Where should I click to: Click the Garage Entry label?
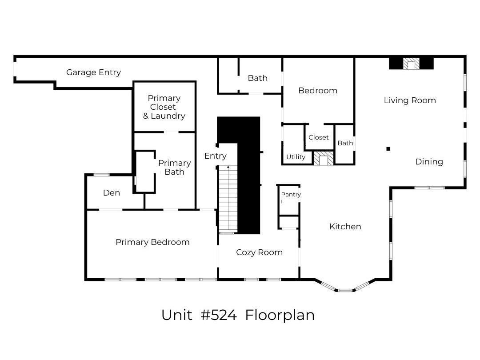coord(93,72)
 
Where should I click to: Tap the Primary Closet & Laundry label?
coord(164,107)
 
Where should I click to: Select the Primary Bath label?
coord(174,168)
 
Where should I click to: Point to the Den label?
coord(112,193)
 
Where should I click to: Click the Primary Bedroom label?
coord(152,242)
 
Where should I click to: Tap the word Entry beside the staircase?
coord(215,156)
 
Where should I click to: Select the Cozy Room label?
coord(259,252)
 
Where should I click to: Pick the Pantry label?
coord(291,195)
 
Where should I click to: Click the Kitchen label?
coord(345,227)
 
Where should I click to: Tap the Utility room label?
coord(296,157)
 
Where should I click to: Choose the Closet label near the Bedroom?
coord(319,137)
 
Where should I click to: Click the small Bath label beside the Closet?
coord(345,143)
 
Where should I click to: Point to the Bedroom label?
coord(317,91)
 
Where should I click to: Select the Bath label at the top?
coord(257,78)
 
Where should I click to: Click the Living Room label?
coord(409,100)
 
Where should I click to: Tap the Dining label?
coord(429,162)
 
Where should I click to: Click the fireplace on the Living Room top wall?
coord(411,64)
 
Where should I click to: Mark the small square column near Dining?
coord(388,149)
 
